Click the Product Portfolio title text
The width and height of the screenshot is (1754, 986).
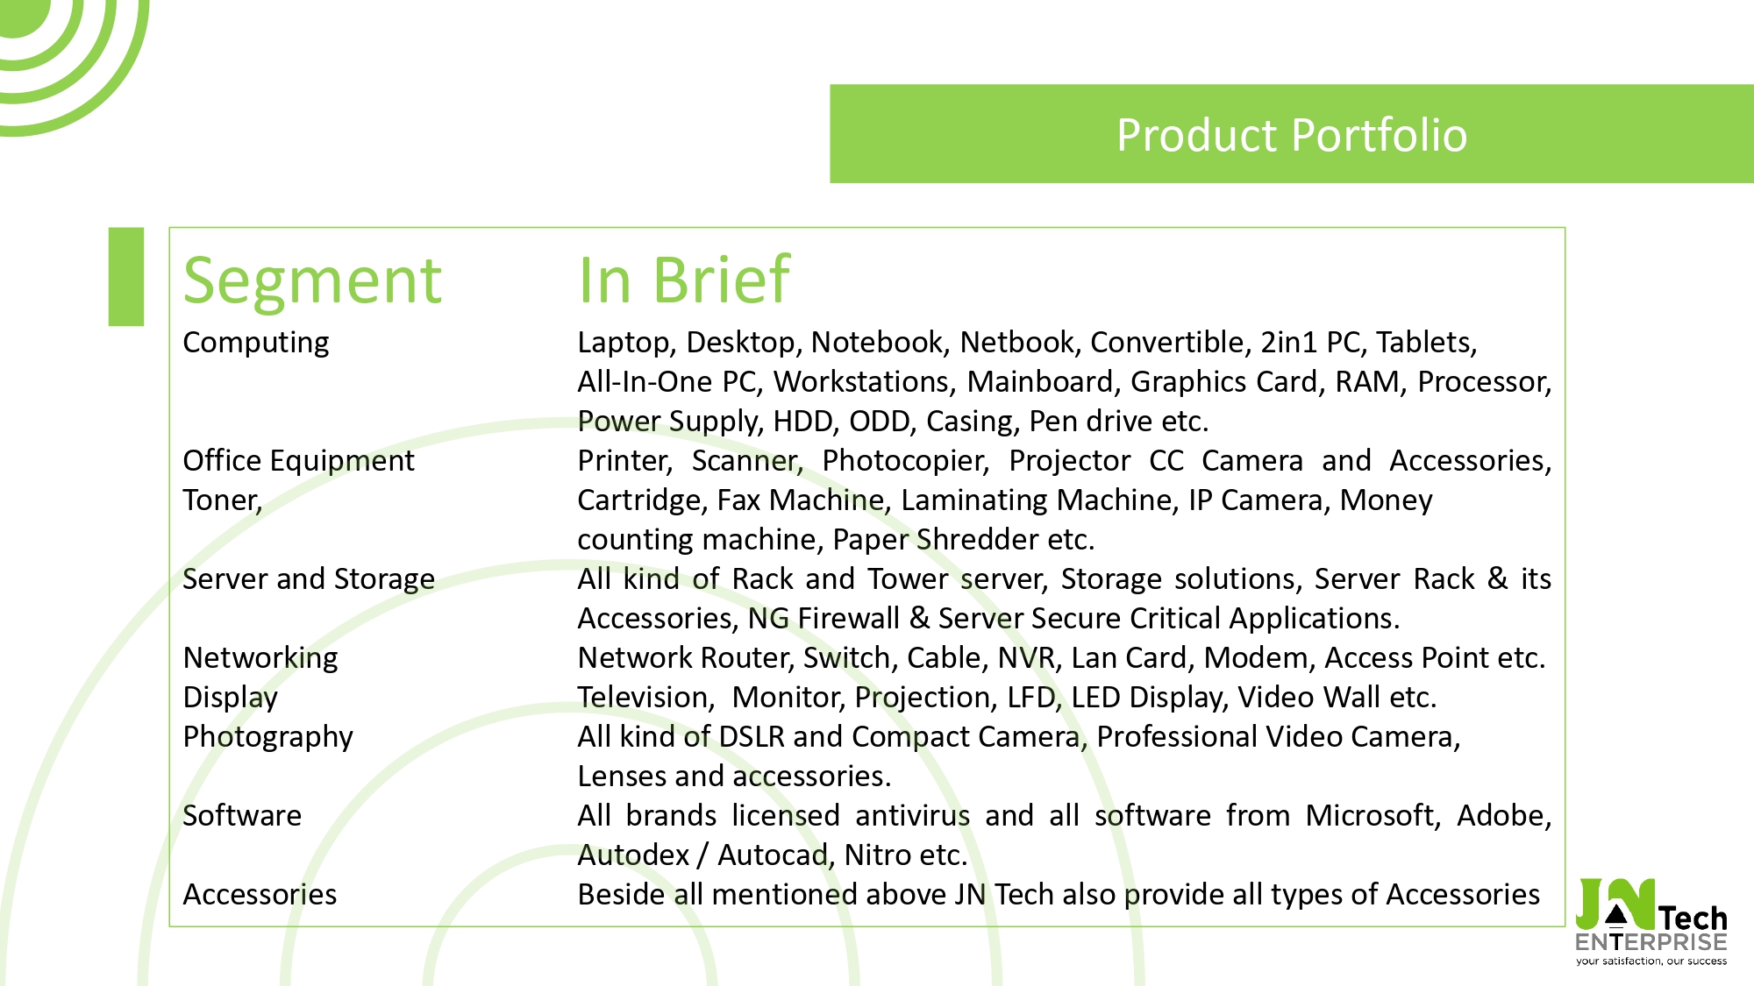[1292, 135]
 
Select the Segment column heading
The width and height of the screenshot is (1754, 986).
[312, 280]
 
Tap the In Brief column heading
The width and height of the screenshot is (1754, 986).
[684, 280]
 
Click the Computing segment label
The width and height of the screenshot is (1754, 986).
[256, 343]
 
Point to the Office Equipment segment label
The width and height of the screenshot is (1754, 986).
[299, 461]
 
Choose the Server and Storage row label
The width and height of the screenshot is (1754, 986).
[309, 578]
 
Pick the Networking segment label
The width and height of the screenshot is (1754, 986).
[260, 658]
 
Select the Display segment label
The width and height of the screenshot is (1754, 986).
[231, 698]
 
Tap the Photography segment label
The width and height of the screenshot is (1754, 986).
[268, 737]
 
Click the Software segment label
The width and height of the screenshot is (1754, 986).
[242, 815]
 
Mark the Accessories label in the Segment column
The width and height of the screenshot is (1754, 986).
[260, 894]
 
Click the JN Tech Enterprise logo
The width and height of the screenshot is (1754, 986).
[1651, 921]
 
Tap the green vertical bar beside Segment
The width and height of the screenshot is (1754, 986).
[126, 277]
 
